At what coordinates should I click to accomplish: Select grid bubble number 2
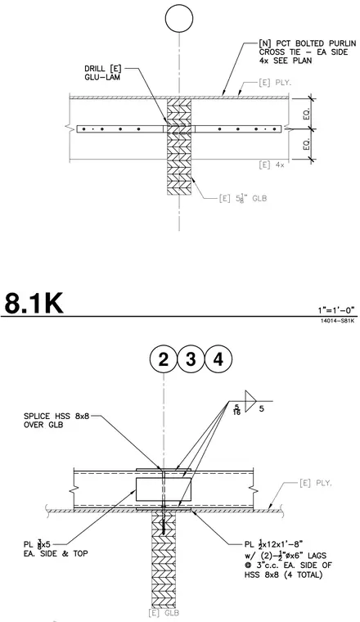pos(164,359)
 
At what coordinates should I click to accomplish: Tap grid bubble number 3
pos(191,359)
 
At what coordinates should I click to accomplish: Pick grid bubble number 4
pos(218,359)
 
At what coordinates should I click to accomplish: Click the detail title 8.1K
pos(34,303)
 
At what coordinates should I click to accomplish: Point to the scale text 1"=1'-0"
pos(336,310)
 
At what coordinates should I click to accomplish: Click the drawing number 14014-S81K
pos(338,320)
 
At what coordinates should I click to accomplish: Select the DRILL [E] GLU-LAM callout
pos(103,73)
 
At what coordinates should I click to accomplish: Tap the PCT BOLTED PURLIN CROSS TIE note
pos(303,52)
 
